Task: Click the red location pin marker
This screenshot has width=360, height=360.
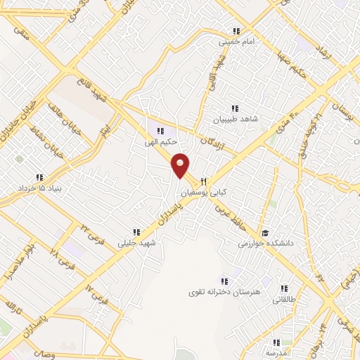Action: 181,166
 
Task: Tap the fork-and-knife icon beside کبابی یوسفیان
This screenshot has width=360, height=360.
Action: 202,180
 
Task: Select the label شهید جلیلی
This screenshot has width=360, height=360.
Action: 138,242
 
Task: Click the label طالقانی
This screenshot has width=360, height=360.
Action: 284,298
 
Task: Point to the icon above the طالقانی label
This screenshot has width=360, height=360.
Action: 284,288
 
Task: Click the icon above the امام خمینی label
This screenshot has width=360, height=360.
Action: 236,31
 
